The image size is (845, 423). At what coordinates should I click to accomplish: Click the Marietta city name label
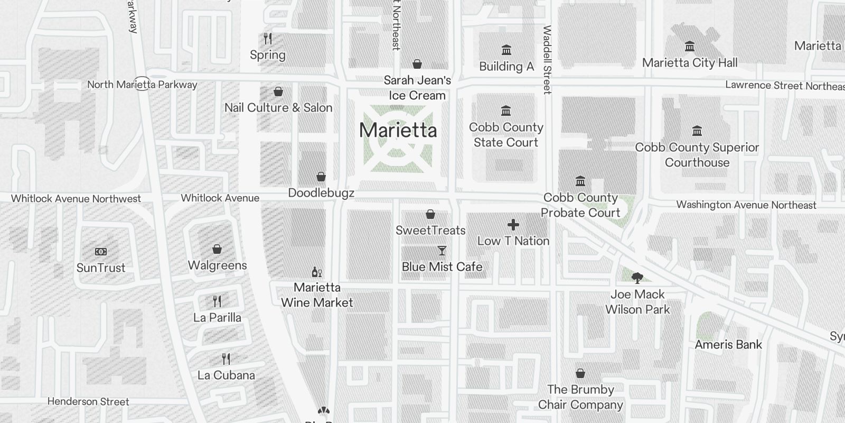[398, 130]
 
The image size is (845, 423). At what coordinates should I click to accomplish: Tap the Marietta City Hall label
[690, 63]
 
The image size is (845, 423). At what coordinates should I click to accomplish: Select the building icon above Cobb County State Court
[506, 111]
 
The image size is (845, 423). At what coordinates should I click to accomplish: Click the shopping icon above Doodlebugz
[321, 177]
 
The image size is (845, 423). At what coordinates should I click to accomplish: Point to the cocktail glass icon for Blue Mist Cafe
[442, 251]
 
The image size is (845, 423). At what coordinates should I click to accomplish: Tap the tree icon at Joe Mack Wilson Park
[637, 278]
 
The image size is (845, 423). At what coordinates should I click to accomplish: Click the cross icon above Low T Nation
[513, 225]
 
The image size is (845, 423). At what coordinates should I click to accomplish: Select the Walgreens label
[218, 265]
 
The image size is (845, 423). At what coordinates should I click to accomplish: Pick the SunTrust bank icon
[101, 252]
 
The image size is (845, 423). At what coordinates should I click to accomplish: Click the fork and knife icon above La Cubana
[226, 359]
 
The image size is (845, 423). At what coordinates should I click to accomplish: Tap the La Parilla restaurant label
[217, 318]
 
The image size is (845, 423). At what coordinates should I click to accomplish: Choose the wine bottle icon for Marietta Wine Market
[317, 272]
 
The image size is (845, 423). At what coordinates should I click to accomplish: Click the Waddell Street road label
[547, 60]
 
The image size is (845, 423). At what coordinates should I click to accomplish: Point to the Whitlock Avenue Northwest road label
[76, 199]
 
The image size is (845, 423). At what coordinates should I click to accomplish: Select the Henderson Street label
[88, 402]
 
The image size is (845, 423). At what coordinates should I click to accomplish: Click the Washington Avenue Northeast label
[746, 205]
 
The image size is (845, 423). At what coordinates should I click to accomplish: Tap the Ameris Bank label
[728, 345]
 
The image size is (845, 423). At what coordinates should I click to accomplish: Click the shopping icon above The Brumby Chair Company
[580, 374]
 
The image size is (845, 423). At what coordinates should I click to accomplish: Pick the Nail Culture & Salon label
[278, 108]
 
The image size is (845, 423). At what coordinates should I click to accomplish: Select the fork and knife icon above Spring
[268, 39]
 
